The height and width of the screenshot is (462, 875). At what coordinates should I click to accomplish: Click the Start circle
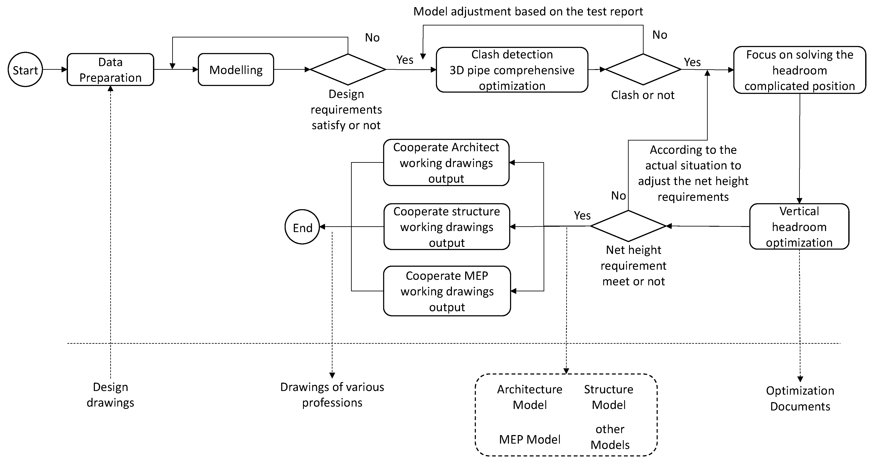[x=25, y=70]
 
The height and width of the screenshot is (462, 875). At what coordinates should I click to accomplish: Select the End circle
[x=302, y=227]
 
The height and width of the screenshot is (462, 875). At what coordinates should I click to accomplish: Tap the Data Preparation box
[x=110, y=70]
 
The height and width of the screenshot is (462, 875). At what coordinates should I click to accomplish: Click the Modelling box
[x=236, y=70]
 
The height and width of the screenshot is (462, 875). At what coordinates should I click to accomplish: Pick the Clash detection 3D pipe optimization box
[x=512, y=70]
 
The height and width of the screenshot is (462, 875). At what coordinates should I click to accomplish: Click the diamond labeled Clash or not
[x=643, y=69]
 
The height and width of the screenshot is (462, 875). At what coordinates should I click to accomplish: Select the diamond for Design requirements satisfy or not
[x=348, y=69]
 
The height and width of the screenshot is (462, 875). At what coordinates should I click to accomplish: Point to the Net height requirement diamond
[x=628, y=226]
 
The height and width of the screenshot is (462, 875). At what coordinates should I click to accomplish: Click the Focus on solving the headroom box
[x=799, y=70]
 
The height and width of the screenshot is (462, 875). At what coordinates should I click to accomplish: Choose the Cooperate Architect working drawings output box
[x=446, y=163]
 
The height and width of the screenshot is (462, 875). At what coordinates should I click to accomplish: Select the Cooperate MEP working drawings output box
[x=447, y=291]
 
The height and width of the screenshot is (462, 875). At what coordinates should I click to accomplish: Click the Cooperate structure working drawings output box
[x=446, y=227]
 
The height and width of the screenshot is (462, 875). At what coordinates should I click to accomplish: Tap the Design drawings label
[x=110, y=395]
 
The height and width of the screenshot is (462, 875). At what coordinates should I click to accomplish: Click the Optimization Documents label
[x=800, y=398]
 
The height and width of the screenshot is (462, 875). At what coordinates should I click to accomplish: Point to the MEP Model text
[x=529, y=440]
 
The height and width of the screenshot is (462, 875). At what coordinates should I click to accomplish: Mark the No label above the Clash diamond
[x=660, y=35]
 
